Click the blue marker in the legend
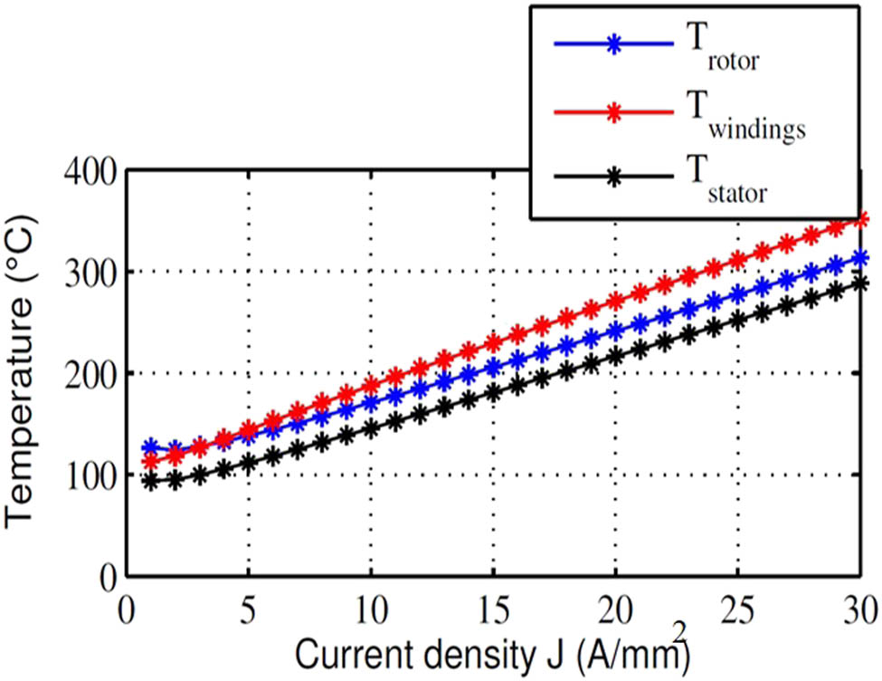612,43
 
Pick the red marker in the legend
612,111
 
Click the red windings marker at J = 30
860,220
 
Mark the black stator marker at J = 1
151,482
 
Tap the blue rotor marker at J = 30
860,259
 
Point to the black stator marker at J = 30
860,283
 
